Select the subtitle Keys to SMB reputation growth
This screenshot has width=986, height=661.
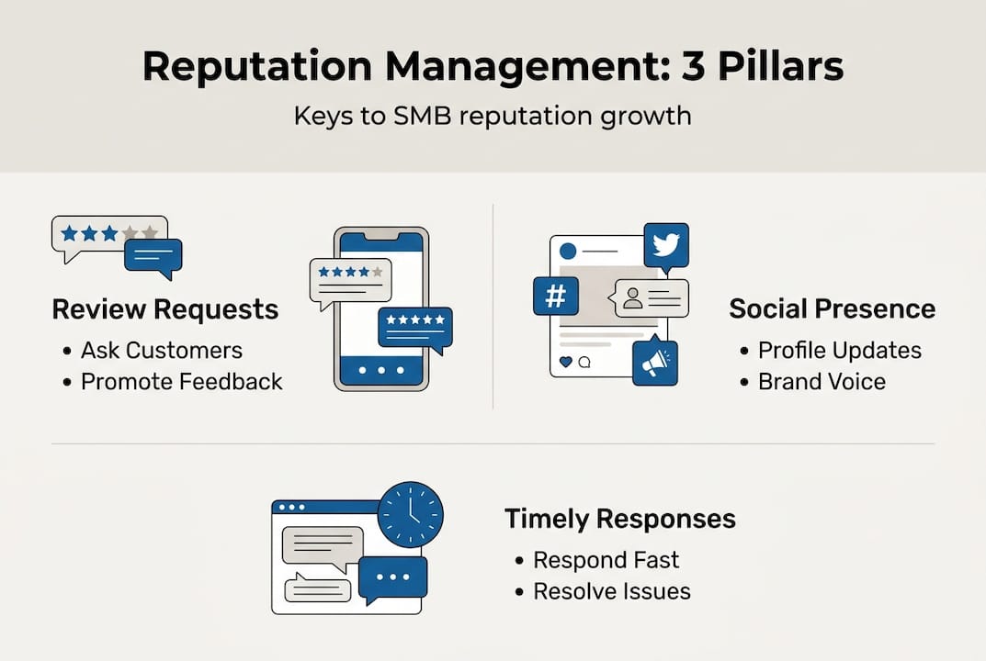[493, 118]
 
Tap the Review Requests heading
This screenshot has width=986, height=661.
[165, 309]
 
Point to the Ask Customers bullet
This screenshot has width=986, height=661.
[161, 351]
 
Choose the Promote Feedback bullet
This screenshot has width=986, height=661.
[181, 382]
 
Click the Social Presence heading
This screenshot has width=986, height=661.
[832, 308]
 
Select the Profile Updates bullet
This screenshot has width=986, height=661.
[839, 351]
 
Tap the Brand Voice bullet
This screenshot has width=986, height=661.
[822, 382]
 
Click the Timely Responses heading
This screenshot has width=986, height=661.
[620, 519]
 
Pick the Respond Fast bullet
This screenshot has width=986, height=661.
[606, 560]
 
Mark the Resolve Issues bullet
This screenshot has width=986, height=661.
[612, 591]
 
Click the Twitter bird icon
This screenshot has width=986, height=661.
[666, 245]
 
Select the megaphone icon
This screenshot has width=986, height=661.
[655, 364]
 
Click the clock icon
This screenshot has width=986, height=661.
[410, 515]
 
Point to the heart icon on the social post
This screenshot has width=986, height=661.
[565, 362]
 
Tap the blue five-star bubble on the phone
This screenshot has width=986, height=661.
[415, 327]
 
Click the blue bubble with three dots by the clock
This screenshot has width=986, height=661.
[392, 579]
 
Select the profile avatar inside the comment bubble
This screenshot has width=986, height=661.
[632, 298]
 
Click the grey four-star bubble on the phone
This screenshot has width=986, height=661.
[350, 279]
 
